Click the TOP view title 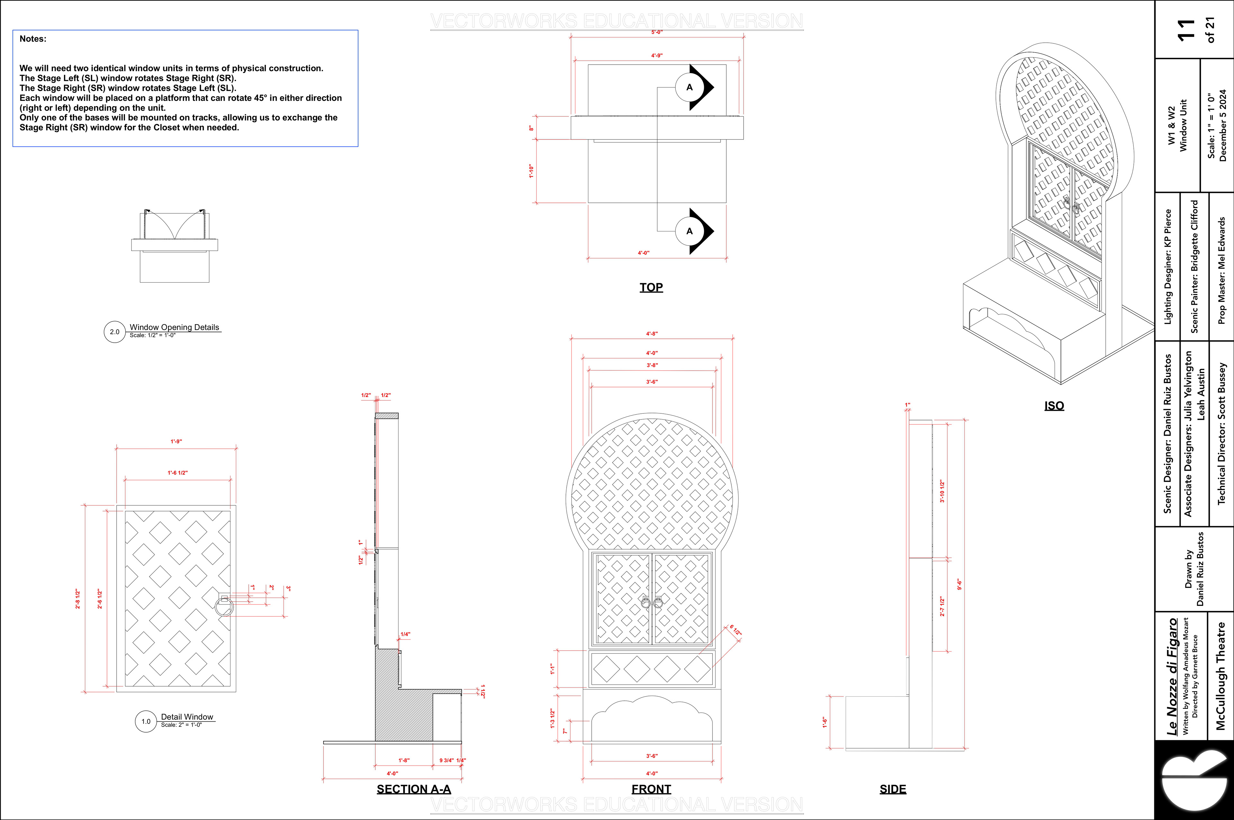pyautogui.click(x=651, y=287)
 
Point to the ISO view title pyautogui.click(x=1054, y=405)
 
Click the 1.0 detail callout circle pyautogui.click(x=146, y=721)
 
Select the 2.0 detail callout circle pyautogui.click(x=114, y=331)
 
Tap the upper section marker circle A pyautogui.click(x=689, y=87)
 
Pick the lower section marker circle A pyautogui.click(x=689, y=231)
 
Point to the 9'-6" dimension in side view pyautogui.click(x=959, y=584)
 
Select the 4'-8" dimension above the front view pyautogui.click(x=652, y=334)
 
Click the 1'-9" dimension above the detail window pyautogui.click(x=176, y=441)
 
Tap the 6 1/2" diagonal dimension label pyautogui.click(x=735, y=630)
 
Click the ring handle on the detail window pyautogui.click(x=225, y=607)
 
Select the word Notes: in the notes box pyautogui.click(x=33, y=39)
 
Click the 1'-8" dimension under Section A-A pyautogui.click(x=404, y=761)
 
